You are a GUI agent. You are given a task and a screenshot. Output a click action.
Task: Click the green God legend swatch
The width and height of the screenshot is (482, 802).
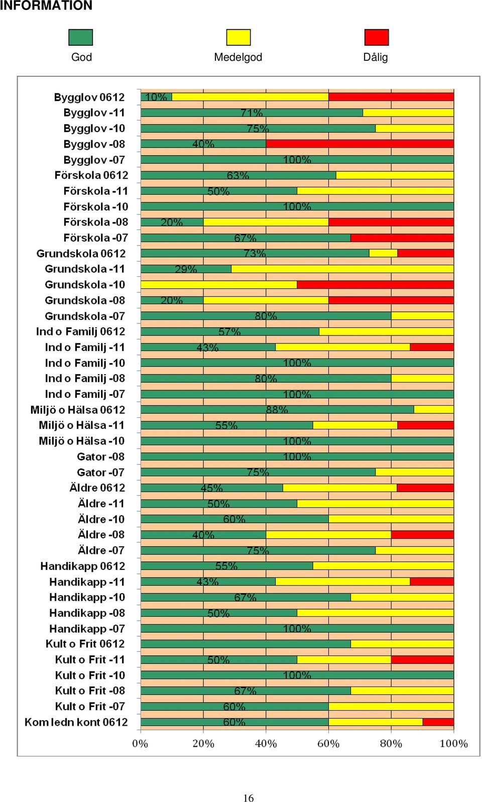(80, 37)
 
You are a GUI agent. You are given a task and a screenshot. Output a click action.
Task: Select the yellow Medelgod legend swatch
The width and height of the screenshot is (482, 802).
(238, 37)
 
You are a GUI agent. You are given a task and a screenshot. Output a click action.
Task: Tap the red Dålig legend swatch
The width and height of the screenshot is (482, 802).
(377, 37)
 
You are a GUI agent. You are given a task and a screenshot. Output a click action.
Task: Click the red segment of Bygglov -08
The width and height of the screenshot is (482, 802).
(359, 144)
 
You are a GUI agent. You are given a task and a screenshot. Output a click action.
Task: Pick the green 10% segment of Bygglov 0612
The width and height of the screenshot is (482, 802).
(156, 97)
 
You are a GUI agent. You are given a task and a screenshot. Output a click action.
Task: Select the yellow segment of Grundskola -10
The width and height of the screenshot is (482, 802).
(218, 285)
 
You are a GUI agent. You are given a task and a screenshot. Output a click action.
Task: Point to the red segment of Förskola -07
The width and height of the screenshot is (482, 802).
(402, 238)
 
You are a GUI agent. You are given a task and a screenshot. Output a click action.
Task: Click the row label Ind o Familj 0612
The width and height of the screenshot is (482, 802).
(80, 331)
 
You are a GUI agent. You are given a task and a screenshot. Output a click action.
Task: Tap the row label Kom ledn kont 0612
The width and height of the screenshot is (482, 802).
(76, 722)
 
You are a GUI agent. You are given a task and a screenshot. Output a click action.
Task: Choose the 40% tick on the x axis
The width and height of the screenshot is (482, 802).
(266, 744)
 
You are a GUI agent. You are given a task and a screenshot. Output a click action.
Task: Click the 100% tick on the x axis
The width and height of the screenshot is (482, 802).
(453, 744)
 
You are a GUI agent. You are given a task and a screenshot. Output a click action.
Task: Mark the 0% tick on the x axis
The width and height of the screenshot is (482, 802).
(140, 744)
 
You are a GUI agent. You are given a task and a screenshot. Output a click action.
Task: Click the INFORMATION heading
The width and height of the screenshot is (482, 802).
(46, 6)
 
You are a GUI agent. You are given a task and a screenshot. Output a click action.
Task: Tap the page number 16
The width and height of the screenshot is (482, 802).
(249, 797)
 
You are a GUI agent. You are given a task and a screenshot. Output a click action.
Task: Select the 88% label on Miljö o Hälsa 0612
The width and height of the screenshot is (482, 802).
(277, 410)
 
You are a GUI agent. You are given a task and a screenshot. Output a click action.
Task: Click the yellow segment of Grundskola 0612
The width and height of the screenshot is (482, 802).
(383, 253)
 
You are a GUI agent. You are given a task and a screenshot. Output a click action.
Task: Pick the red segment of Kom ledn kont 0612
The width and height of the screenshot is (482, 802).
(438, 722)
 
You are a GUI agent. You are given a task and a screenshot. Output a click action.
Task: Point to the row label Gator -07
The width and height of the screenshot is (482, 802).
(100, 472)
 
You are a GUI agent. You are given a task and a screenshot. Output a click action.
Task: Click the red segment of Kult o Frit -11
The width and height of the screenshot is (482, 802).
(422, 659)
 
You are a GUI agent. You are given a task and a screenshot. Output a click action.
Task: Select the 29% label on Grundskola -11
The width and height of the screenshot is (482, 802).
(186, 269)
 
